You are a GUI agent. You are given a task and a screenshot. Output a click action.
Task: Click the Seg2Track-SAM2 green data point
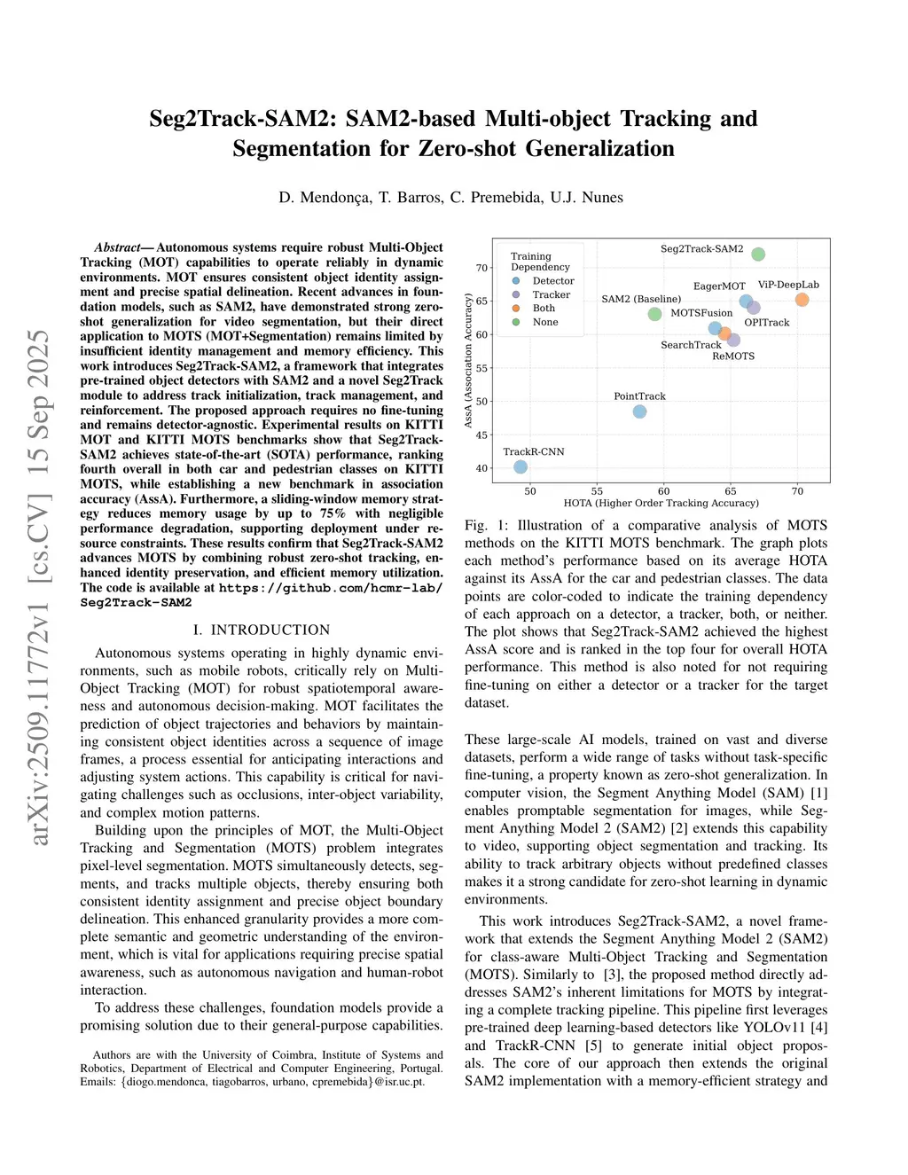point(758,255)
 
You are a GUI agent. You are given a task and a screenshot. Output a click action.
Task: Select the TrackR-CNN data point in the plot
point(521,467)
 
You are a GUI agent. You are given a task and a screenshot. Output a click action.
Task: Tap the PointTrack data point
point(639,411)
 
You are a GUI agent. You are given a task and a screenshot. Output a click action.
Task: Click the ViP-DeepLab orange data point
point(802,300)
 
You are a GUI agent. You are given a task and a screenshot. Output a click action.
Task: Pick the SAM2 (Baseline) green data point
point(654,314)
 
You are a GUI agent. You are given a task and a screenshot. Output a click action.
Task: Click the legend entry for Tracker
point(551,294)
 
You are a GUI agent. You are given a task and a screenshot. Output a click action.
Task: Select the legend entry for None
point(545,322)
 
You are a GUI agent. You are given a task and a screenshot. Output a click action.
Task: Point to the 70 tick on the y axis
point(481,268)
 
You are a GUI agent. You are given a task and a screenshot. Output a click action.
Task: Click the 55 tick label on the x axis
point(597,491)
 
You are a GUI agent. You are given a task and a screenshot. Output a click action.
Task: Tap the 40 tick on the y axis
point(481,468)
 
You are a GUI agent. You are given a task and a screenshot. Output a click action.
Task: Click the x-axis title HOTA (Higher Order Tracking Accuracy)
point(661,503)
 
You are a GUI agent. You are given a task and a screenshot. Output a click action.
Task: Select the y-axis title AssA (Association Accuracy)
point(468,361)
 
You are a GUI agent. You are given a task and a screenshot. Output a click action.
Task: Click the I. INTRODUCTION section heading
point(262,630)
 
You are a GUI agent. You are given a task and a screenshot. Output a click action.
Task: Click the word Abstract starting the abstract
point(117,247)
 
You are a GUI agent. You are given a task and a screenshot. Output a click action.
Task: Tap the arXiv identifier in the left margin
point(40,586)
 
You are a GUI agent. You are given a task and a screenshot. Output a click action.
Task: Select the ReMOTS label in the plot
point(733,356)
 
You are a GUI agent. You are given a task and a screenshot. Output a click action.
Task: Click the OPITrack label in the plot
point(766,323)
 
